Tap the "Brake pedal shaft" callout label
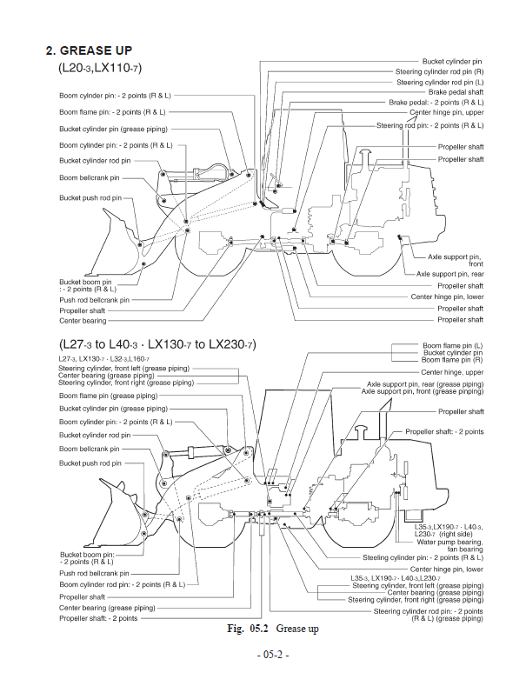456,92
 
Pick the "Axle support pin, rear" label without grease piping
449,274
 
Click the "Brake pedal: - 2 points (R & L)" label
436,103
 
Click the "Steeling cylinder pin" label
435,557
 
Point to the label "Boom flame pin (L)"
452,345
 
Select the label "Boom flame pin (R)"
452,359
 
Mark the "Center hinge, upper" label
452,372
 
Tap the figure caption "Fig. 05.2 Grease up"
263,628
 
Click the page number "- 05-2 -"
263,654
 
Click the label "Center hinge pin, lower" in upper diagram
447,296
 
